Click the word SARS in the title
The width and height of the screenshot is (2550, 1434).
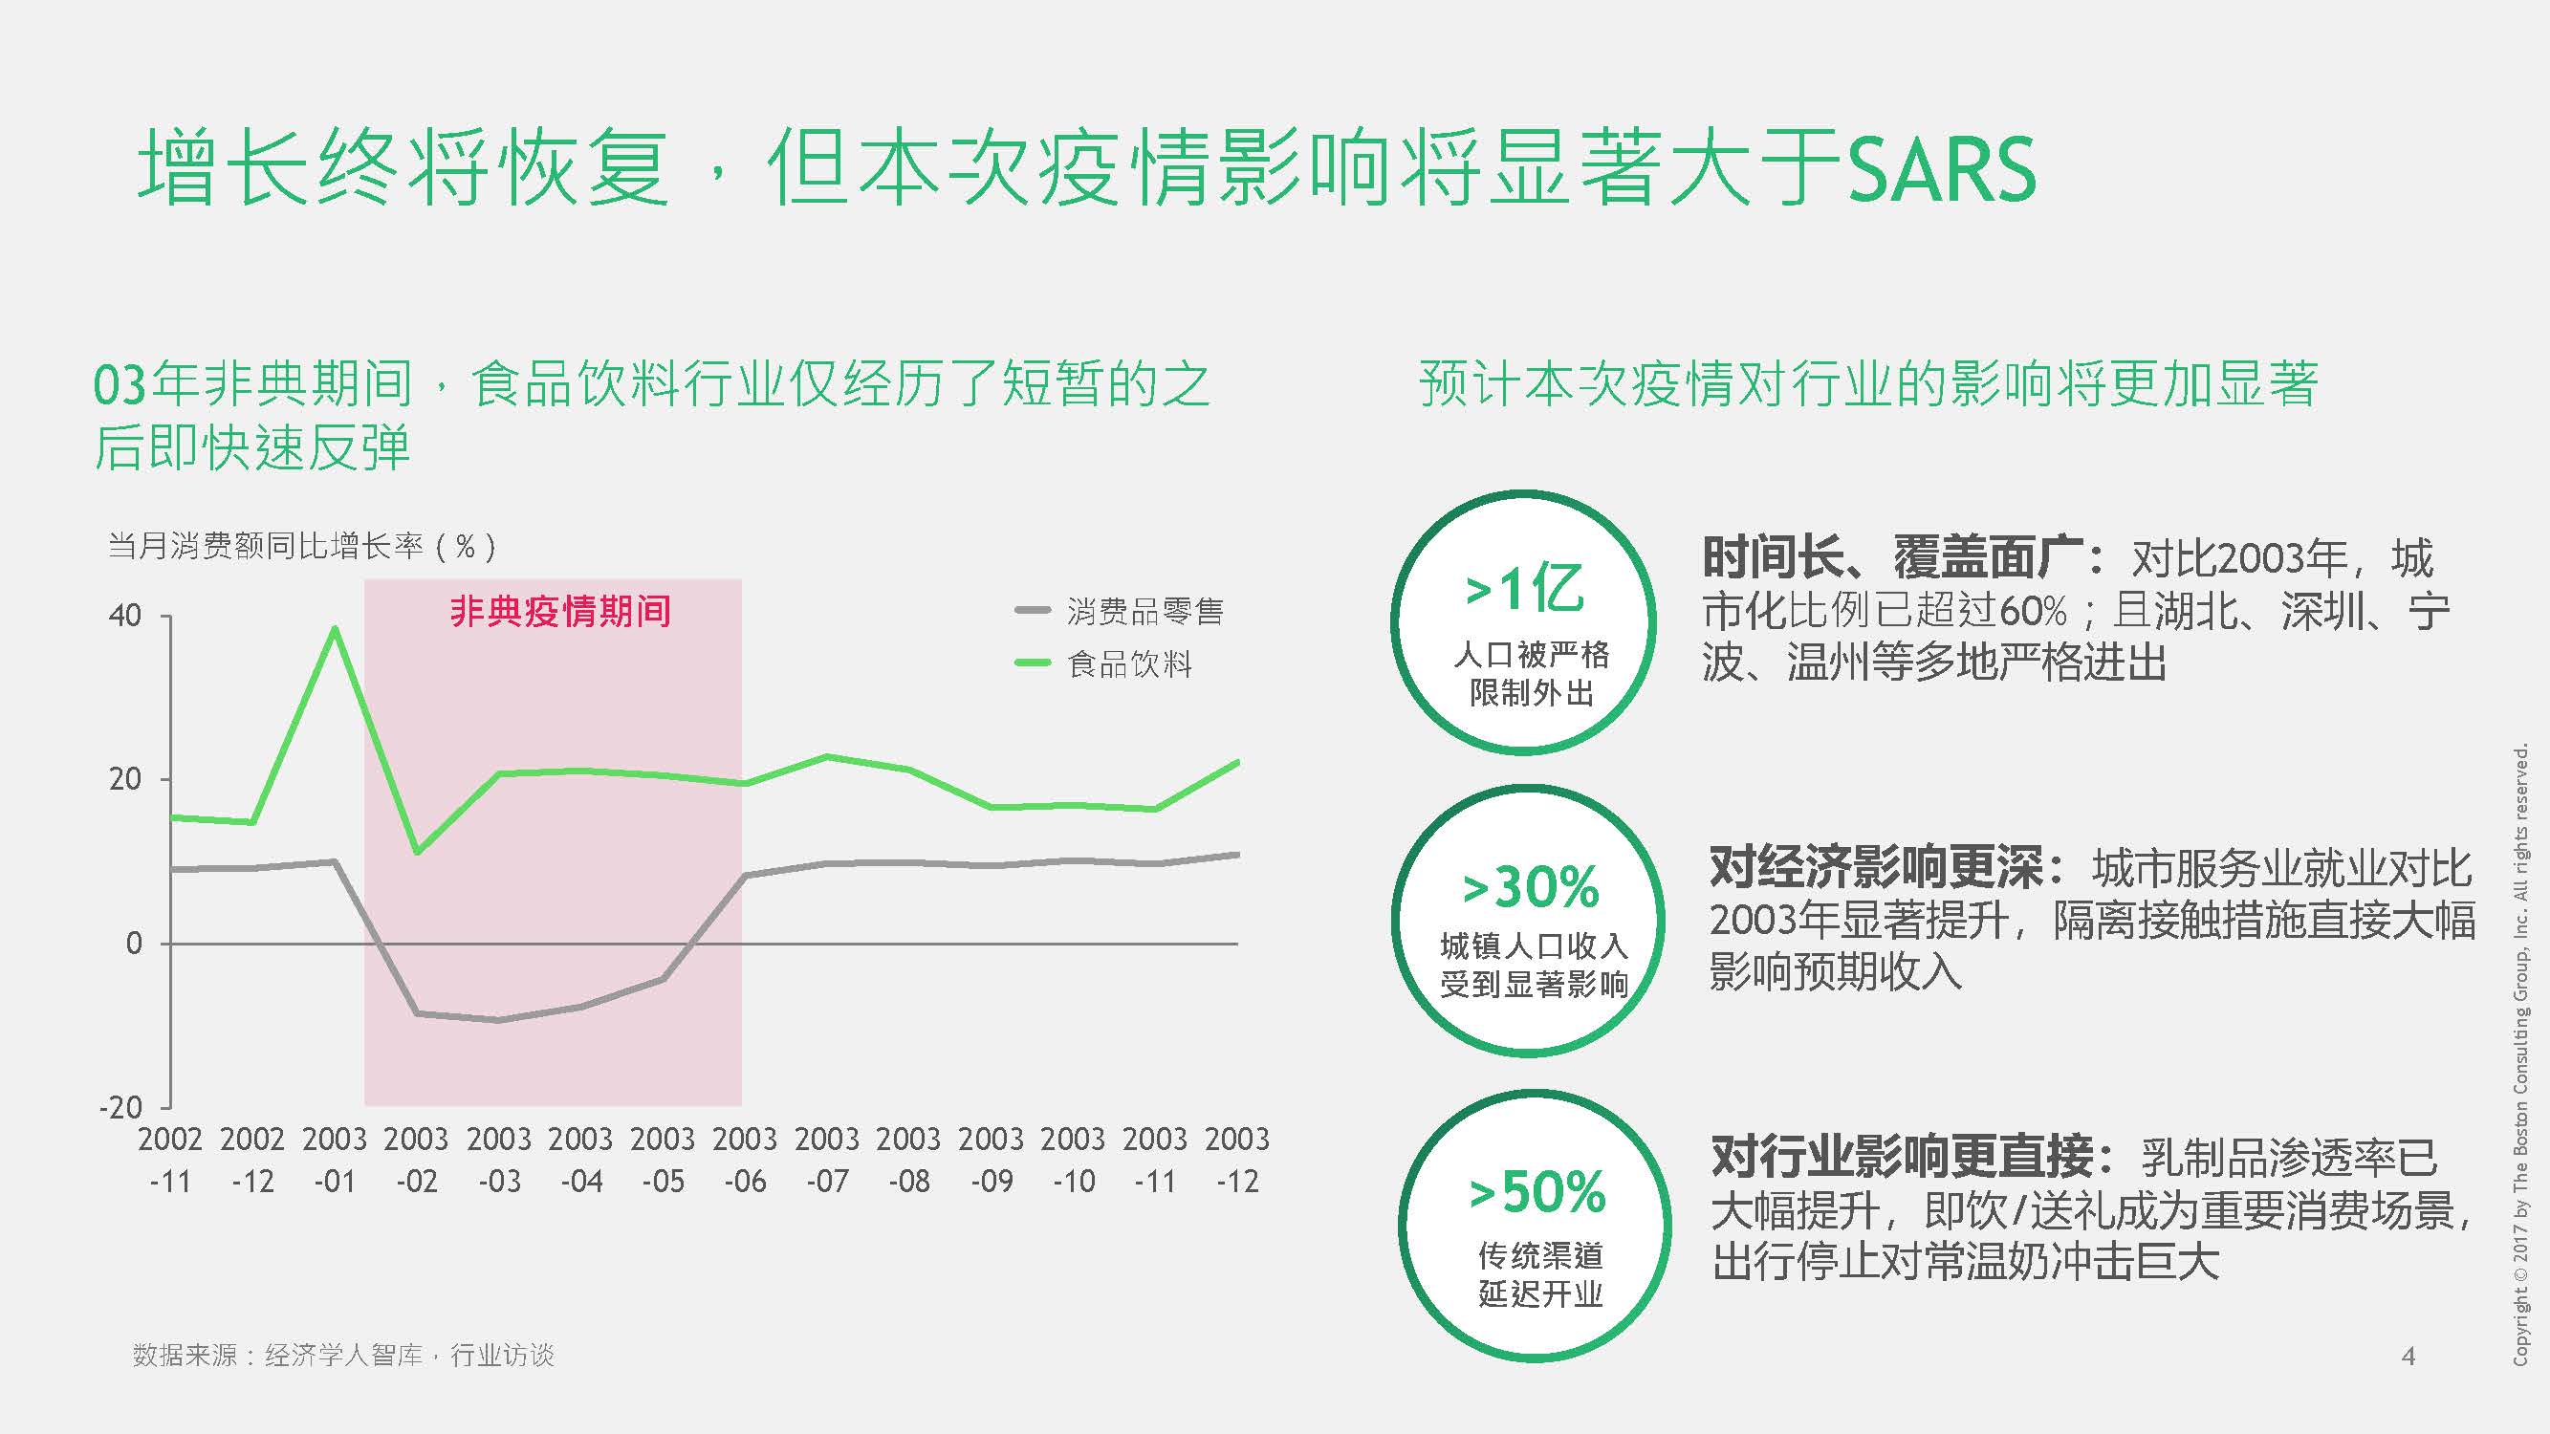(1941, 170)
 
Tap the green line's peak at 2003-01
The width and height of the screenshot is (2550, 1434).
(336, 627)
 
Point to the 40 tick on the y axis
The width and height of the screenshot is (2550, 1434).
(125, 616)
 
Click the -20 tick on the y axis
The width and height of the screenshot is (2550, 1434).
(120, 1106)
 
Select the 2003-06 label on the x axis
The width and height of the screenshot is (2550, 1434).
(745, 1159)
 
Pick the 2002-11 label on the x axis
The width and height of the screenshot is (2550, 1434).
(170, 1159)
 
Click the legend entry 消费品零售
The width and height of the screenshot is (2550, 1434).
(1144, 612)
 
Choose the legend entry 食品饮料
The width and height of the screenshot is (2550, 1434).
(1128, 663)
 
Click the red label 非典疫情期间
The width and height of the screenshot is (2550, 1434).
(560, 612)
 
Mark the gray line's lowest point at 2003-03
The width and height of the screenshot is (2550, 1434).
(500, 1020)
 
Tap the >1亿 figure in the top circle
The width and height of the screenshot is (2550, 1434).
(1524, 590)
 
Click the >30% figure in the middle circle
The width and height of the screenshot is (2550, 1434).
(1531, 888)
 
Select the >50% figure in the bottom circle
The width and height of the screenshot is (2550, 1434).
(1537, 1192)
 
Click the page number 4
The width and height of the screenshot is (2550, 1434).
(2408, 1356)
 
